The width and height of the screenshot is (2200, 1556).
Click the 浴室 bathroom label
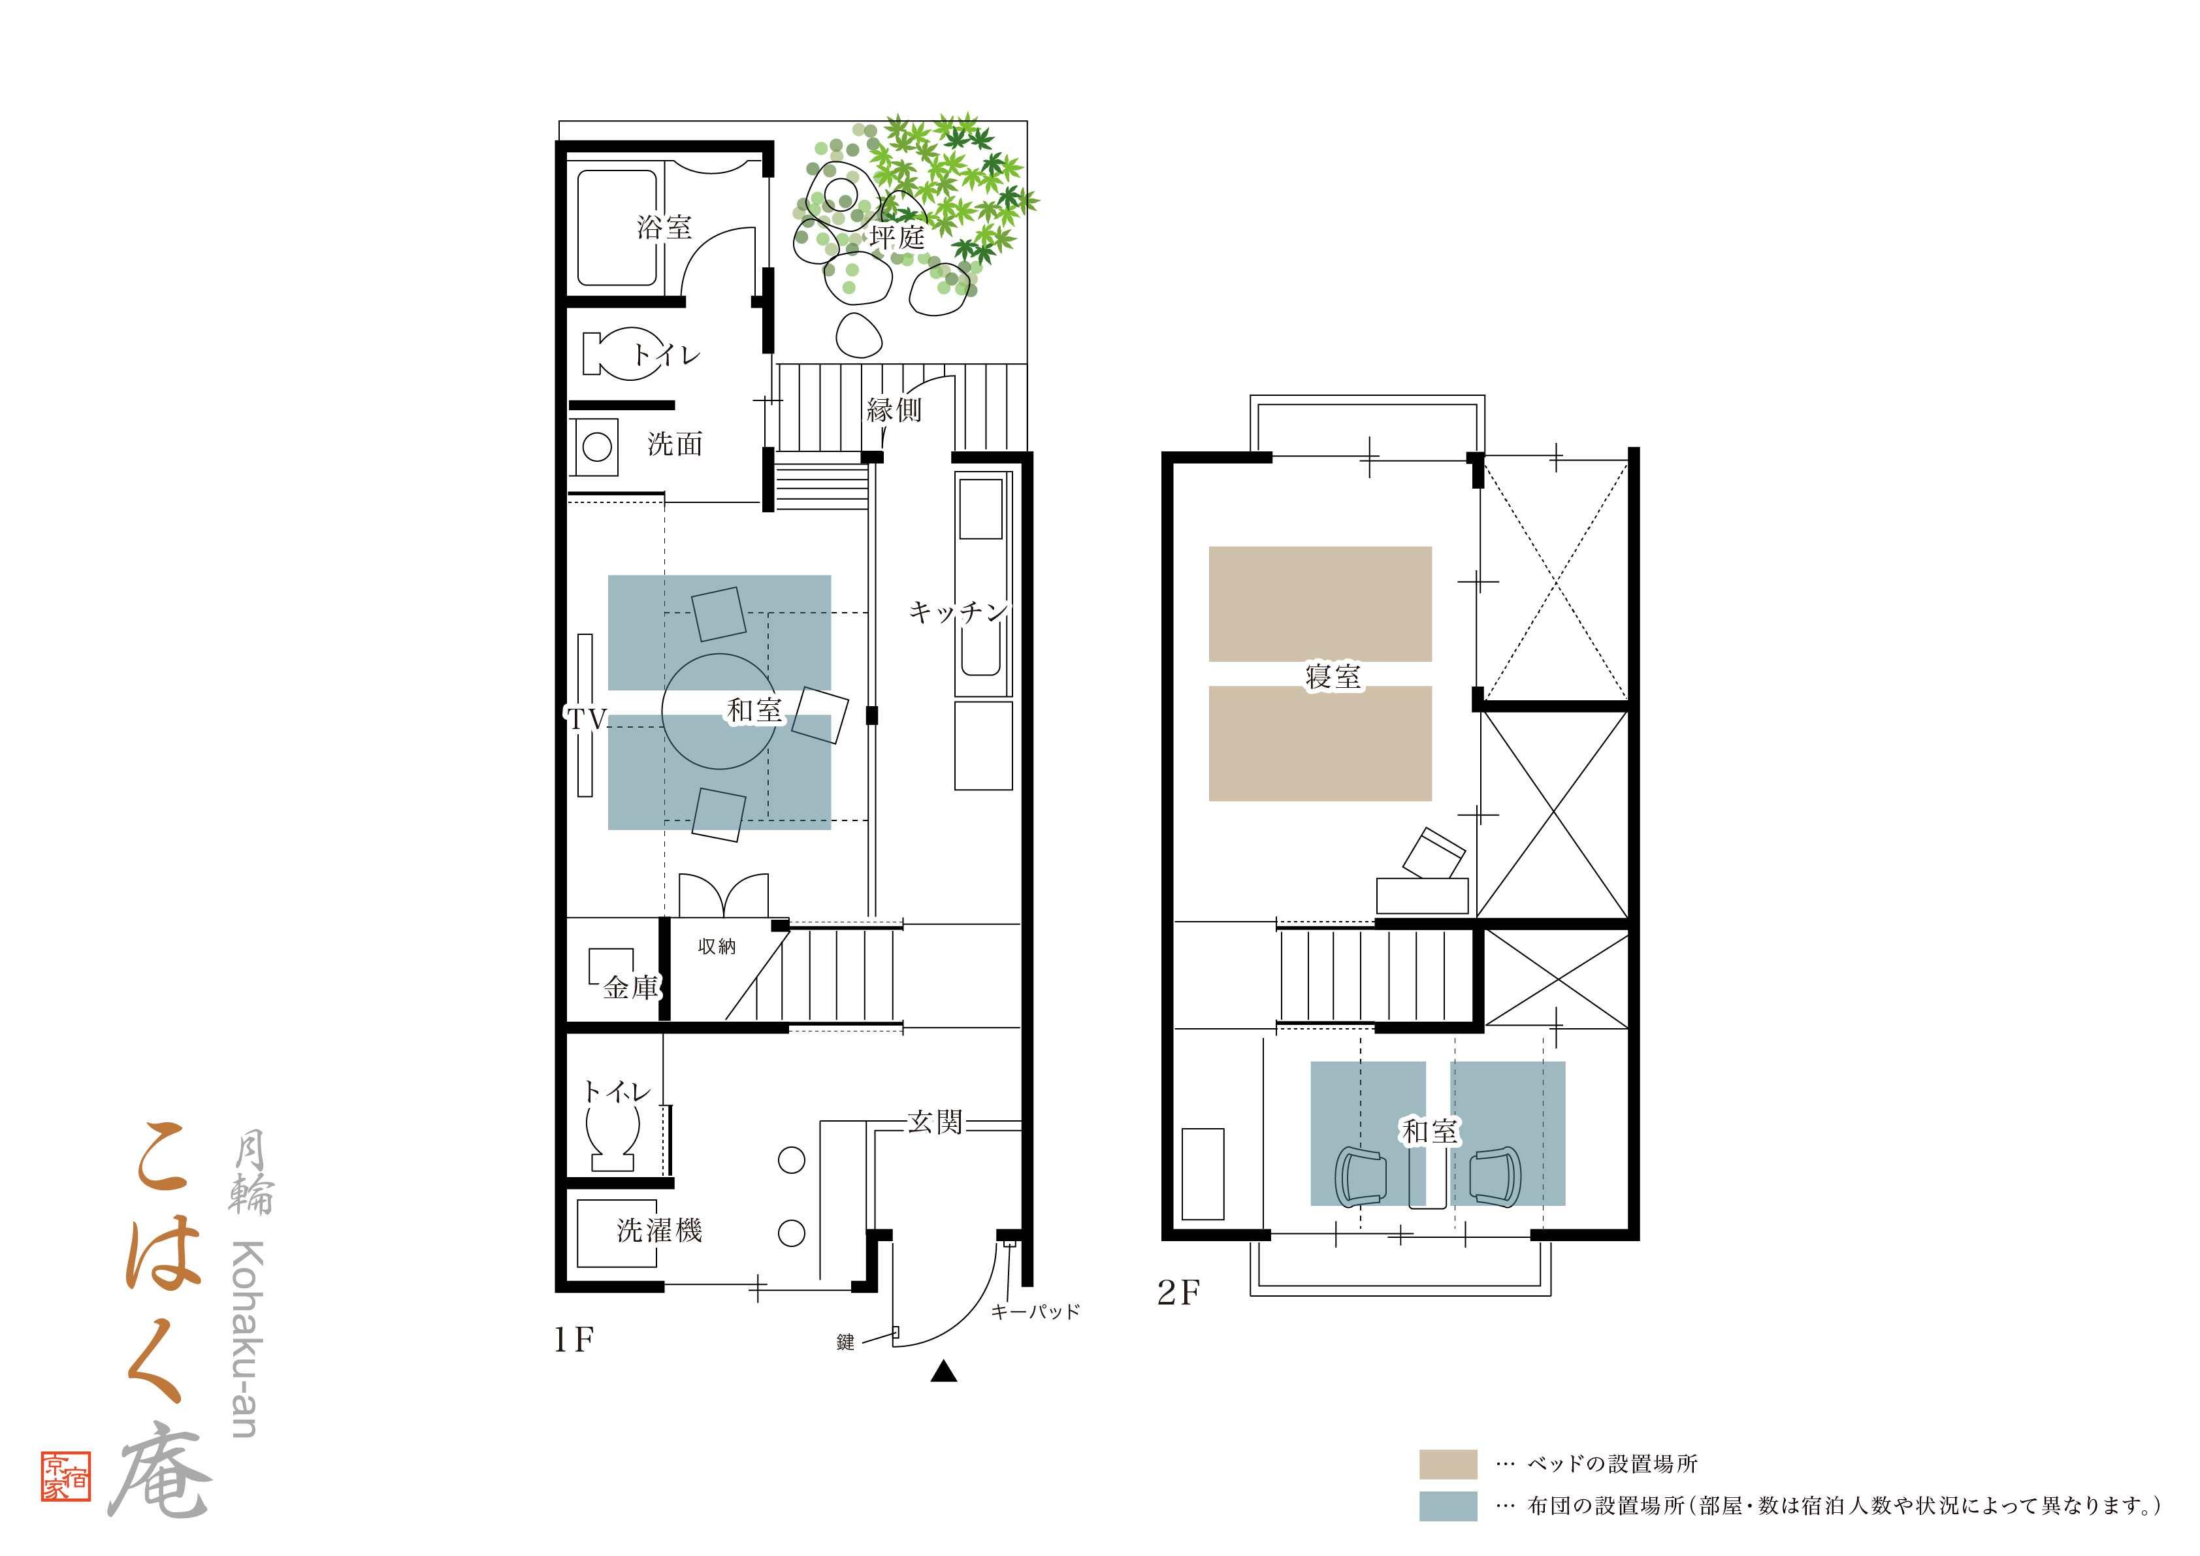[x=664, y=227]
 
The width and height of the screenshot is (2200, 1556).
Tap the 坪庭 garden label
[x=897, y=236]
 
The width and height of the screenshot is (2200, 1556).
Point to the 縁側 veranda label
[x=894, y=410]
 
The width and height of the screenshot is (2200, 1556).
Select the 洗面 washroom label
[x=675, y=444]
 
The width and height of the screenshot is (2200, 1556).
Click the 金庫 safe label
[x=632, y=987]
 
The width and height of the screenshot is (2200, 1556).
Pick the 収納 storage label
[x=717, y=947]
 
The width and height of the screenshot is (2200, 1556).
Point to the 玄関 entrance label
[x=935, y=1122]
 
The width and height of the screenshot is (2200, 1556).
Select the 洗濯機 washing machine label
[x=659, y=1230]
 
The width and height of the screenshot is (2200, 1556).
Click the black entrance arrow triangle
[x=944, y=1371]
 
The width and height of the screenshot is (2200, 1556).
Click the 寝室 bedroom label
[x=1333, y=677]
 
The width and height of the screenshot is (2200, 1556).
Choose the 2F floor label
[x=1178, y=1293]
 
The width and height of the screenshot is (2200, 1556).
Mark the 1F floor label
[x=574, y=1340]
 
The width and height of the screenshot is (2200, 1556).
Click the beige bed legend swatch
[x=1448, y=1464]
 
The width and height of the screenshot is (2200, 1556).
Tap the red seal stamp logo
[x=66, y=1476]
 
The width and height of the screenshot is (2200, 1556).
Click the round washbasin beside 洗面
[x=597, y=447]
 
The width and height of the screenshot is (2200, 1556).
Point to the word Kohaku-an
[x=247, y=1340]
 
